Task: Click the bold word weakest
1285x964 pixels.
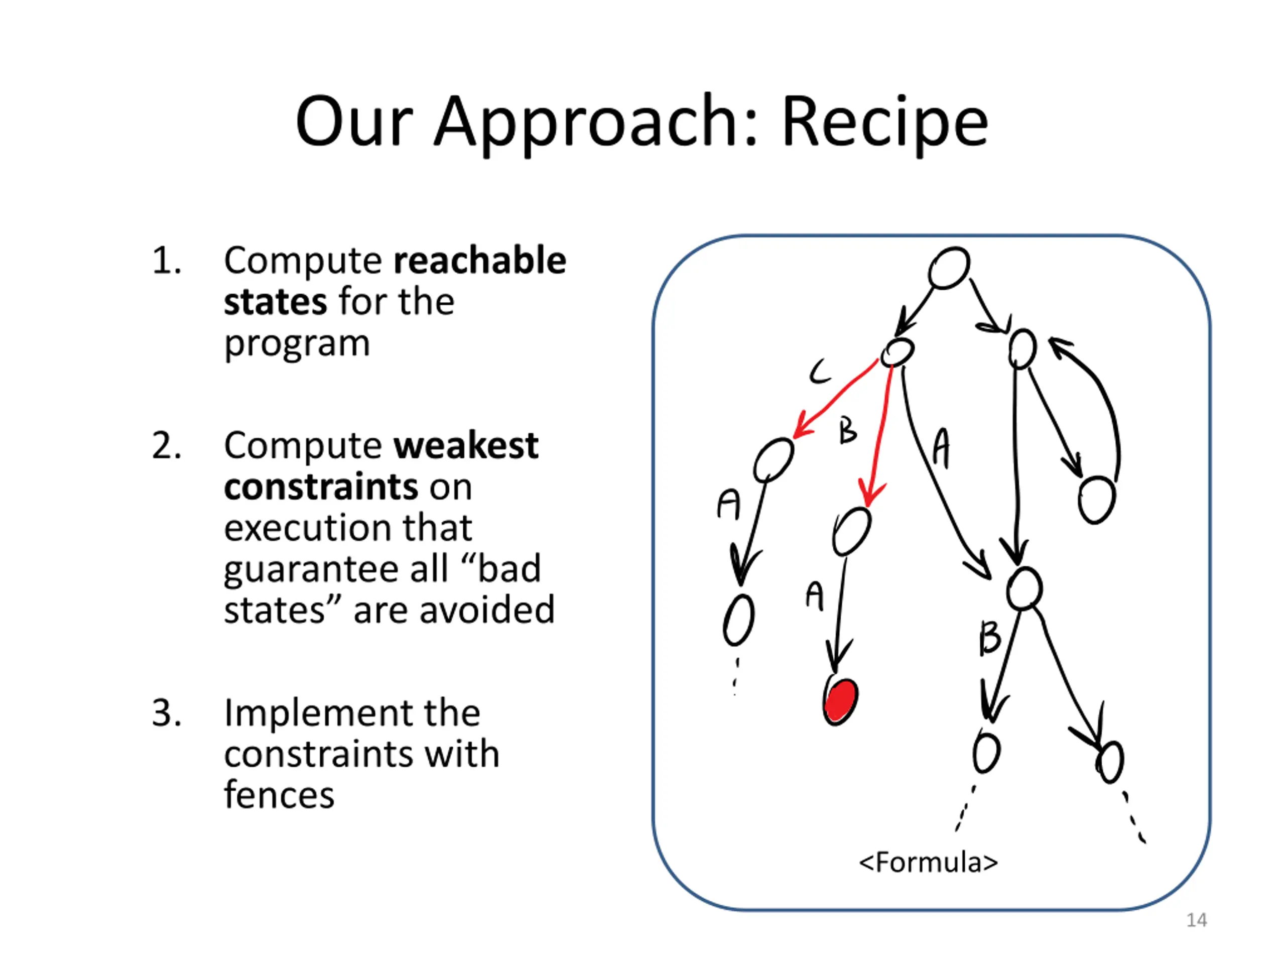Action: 466,446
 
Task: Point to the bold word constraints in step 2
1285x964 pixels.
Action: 321,487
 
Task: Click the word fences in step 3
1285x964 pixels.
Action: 279,795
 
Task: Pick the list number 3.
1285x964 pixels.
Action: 166,713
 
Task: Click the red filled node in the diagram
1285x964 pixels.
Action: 841,700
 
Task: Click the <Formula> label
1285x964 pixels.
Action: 928,862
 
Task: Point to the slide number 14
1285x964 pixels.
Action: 1196,920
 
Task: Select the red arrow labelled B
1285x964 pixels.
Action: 879,433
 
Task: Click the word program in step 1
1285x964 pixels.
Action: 297,344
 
